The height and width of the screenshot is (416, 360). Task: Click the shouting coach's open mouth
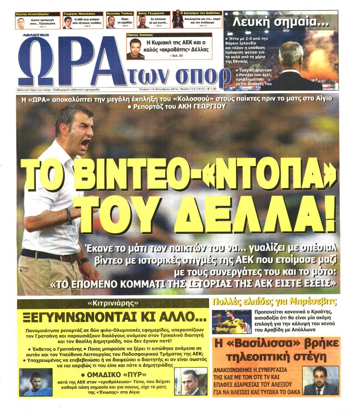pyautogui.click(x=85, y=144)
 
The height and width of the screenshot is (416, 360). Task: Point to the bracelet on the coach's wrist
pyautogui.click(x=69, y=216)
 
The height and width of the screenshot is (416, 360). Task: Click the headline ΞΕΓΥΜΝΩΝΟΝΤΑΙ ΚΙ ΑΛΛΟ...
pyautogui.click(x=113, y=318)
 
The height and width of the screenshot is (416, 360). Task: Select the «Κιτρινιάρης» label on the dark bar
pyautogui.click(x=113, y=304)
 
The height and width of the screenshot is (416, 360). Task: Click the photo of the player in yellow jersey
pyautogui.click(x=232, y=322)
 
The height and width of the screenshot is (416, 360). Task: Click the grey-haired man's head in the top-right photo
pyautogui.click(x=291, y=54)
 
